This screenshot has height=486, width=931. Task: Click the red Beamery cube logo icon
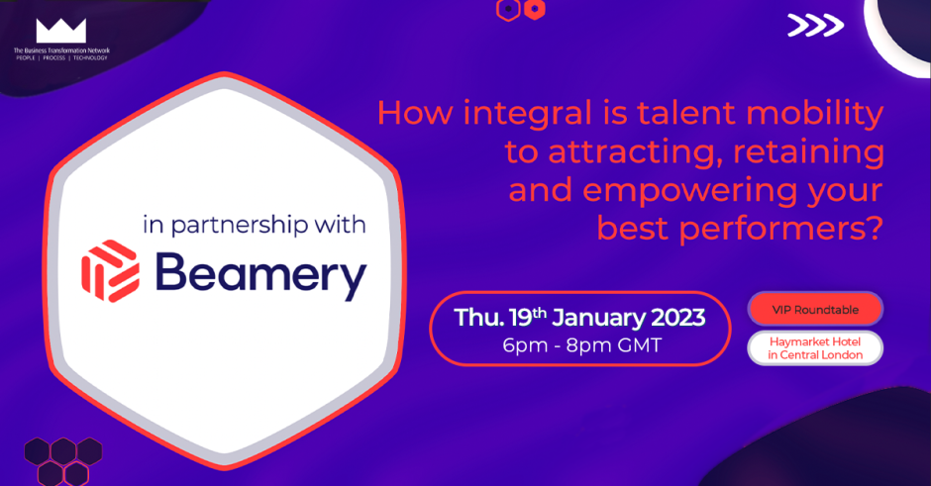111,270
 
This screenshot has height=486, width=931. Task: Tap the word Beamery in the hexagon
260,275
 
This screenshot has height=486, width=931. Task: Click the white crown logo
61,31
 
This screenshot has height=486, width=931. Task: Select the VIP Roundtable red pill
815,309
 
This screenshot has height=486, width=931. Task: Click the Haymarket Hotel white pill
815,348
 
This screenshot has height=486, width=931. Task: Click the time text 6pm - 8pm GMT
582,345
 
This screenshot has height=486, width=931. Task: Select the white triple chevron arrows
815,25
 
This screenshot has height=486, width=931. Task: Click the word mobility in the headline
814,115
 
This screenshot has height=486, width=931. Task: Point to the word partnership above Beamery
240,226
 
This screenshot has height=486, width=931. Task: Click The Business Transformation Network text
61,50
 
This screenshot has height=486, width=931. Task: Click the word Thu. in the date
479,318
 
